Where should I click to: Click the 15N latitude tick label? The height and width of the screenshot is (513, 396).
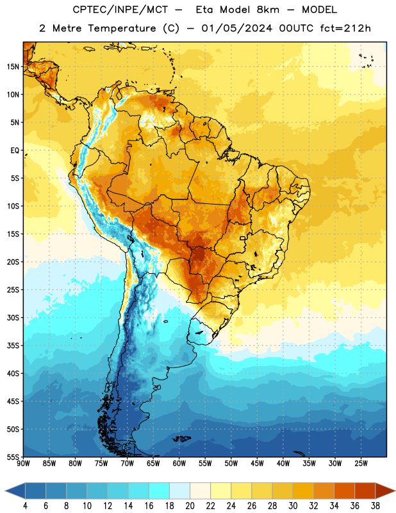pos(13,67)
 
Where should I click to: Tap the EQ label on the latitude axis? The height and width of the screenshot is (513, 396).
pos(15,151)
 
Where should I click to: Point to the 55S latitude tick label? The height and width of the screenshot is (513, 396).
pos(13,457)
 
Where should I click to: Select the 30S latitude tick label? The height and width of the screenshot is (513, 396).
pos(13,317)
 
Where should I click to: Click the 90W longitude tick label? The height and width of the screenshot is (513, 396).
pos(23,463)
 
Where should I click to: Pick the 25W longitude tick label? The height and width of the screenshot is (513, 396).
pos(361,463)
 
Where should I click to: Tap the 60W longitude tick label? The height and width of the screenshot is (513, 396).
pos(179,463)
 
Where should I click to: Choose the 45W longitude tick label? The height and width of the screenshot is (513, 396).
pos(257,463)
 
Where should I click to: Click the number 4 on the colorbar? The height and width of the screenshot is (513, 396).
pos(25,506)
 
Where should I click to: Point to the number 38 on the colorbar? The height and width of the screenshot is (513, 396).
pos(375,506)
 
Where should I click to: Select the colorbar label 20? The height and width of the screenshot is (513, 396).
pos(190,506)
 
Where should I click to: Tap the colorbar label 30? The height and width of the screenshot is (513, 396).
pos(293,506)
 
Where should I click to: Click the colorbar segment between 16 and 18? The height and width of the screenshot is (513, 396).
pos(160,491)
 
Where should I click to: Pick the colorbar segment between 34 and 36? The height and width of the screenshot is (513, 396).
pos(344,491)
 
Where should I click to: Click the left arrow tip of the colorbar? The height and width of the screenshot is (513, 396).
pos(5,491)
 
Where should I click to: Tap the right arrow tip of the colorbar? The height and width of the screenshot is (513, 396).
pos(395,491)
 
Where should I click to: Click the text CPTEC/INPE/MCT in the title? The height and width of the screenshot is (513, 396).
pos(120,10)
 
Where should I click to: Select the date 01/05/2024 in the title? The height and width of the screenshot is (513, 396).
pos(236,28)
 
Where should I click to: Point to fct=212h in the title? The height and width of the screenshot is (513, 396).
pos(345,28)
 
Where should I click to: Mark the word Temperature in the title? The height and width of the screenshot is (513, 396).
pos(122,28)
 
